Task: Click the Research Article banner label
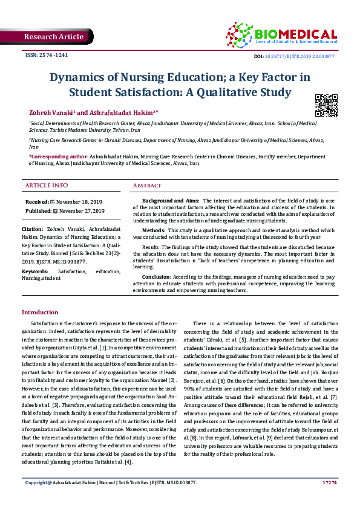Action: pyautogui.click(x=53, y=37)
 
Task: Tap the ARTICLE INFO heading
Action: pyautogui.click(x=47, y=185)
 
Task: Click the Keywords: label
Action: pyautogui.click(x=35, y=273)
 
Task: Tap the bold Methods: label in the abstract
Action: pyautogui.click(x=154, y=230)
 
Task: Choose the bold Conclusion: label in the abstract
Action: pyautogui.click(x=157, y=276)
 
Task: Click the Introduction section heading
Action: pyautogui.click(x=40, y=313)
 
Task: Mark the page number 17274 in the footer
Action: pyautogui.click(x=330, y=499)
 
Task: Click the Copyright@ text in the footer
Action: pyautogui.click(x=37, y=500)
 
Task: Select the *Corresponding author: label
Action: pyautogui.click(x=57, y=157)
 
